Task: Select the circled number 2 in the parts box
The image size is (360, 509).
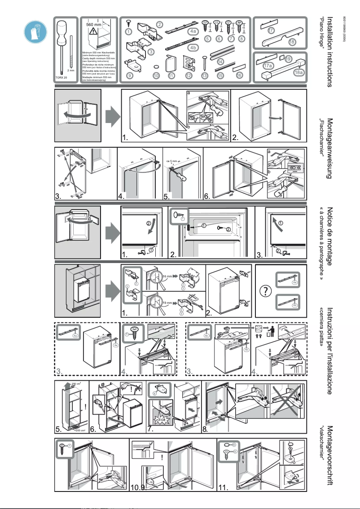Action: point(159,24)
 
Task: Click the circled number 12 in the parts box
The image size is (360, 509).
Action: point(189,76)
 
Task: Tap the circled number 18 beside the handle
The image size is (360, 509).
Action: point(292,42)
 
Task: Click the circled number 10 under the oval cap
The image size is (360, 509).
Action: point(156,76)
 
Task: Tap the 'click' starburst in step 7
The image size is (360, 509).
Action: point(163,420)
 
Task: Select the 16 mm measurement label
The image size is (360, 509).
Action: point(167,276)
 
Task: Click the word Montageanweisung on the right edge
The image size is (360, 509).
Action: point(330,148)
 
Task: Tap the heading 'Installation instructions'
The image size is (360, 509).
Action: point(330,52)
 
